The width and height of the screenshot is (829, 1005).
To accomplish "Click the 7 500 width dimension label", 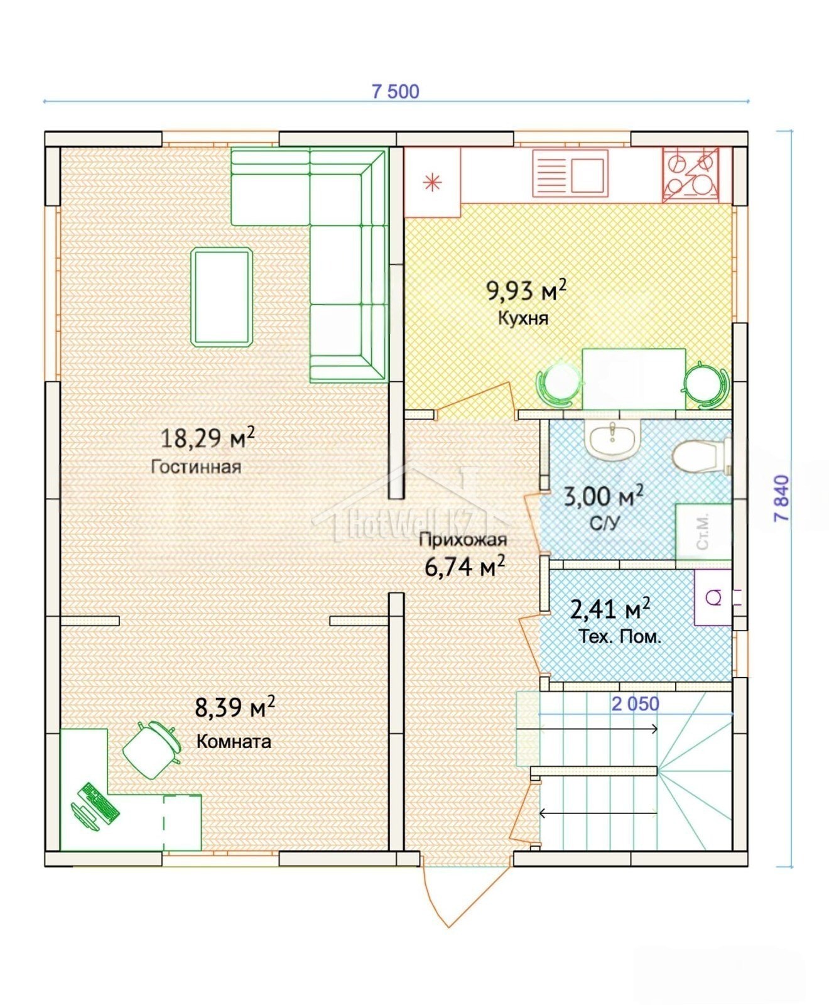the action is [396, 92].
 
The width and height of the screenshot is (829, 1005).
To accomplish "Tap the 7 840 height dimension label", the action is [782, 499].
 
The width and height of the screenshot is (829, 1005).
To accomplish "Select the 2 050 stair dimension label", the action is [636, 704].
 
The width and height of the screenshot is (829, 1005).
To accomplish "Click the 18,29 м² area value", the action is [208, 437].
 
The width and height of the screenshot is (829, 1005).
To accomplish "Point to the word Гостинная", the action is [196, 467].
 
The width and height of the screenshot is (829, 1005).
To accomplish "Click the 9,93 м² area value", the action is [526, 290].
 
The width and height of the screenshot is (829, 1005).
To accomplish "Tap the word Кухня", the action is [523, 318].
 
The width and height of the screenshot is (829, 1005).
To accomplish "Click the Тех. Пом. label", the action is [620, 637].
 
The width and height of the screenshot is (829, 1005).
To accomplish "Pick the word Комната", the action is [234, 741].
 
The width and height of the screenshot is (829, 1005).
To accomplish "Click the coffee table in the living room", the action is [222, 297].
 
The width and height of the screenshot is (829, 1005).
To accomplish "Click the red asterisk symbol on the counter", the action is [432, 183].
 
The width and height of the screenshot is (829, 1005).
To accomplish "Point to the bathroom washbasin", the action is [612, 438].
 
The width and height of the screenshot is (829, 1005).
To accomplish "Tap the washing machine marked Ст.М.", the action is [703, 531].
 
